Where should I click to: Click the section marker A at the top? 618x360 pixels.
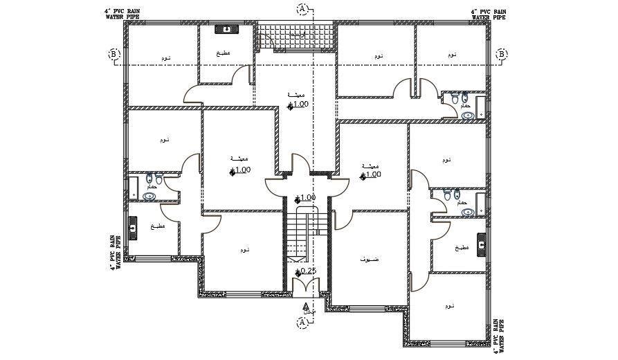[302, 8]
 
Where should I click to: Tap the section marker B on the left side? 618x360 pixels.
[115, 54]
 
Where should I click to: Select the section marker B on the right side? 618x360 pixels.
[502, 54]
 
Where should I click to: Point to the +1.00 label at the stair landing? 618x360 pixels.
[305, 197]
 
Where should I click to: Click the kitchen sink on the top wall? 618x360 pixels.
[227, 30]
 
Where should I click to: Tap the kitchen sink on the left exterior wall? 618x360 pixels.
[133, 226]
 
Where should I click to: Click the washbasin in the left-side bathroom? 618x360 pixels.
[149, 196]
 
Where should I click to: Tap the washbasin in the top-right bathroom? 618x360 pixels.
[468, 115]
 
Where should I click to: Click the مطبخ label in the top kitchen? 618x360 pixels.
[223, 53]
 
